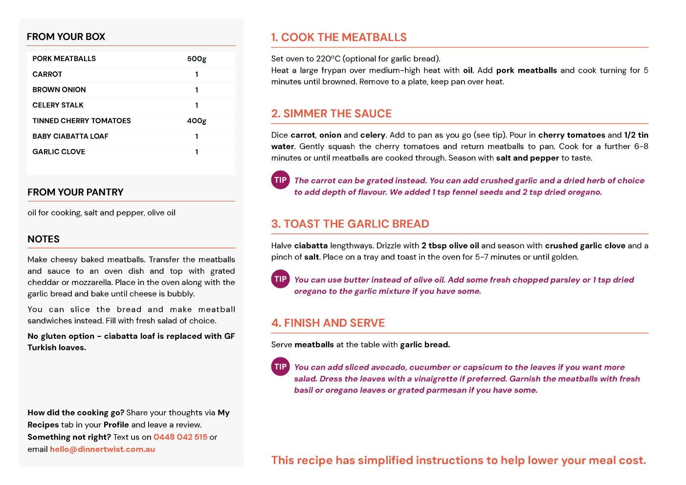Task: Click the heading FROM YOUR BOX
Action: [66, 37]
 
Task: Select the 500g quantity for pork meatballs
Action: [197, 59]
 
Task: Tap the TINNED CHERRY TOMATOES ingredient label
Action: [82, 121]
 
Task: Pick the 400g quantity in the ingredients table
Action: [197, 121]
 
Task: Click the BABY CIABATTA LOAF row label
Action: [70, 136]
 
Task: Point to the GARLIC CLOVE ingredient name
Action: [59, 152]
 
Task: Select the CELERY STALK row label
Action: [58, 105]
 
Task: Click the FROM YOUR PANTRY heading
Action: [75, 192]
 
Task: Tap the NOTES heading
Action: [44, 239]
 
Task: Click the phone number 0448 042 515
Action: [180, 437]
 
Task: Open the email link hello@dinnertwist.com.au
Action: [102, 449]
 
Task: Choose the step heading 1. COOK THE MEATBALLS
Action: [339, 38]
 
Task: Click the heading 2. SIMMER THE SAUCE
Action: [332, 114]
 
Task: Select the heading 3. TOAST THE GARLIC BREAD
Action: [350, 224]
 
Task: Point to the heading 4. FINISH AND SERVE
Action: [328, 323]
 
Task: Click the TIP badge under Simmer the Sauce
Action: [281, 180]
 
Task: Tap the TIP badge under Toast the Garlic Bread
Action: [281, 279]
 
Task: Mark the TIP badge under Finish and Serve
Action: [281, 367]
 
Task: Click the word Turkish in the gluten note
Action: [43, 348]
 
